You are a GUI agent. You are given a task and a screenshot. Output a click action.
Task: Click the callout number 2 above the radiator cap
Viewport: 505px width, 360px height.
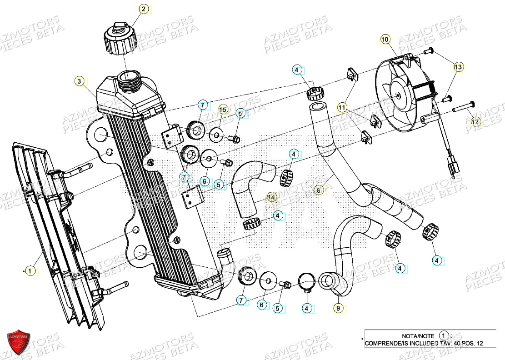point(144,9)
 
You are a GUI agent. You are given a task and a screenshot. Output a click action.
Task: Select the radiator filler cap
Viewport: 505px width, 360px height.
point(119,39)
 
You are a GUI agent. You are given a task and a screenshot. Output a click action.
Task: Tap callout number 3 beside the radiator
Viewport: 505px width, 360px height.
point(80,82)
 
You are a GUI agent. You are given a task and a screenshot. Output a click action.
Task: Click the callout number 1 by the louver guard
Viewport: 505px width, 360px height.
point(30,271)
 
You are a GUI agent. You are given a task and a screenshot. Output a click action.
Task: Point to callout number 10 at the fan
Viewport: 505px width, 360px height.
point(385,40)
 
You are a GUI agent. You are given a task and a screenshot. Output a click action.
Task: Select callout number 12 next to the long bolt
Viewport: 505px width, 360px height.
point(475,122)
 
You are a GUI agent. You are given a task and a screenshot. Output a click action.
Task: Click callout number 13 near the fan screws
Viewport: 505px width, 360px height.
point(458,67)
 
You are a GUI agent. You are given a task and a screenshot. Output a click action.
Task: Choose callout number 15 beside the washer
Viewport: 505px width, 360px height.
point(223,110)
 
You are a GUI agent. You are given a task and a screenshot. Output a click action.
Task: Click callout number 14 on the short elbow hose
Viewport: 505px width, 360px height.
point(272,198)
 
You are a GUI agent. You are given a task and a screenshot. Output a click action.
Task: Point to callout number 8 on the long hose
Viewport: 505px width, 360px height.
point(320,191)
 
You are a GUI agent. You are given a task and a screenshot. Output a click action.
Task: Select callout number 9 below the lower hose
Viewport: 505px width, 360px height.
point(338,308)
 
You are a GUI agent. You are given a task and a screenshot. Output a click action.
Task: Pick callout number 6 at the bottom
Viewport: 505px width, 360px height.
point(262,305)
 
